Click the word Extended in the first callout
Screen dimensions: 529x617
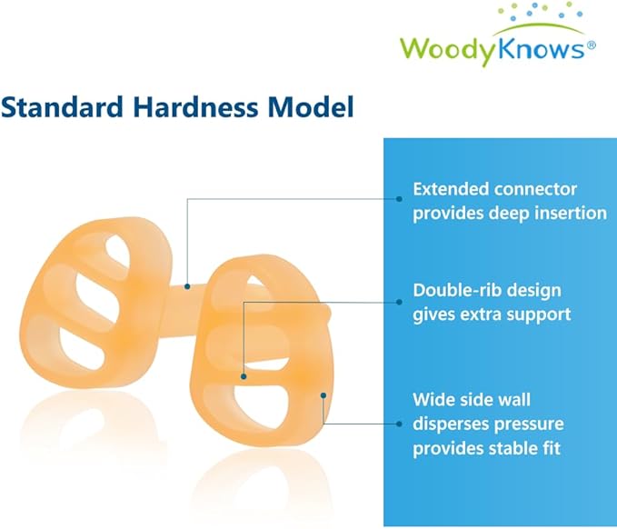[452, 190]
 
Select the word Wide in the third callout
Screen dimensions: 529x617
[433, 399]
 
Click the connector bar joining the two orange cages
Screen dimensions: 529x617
[186, 290]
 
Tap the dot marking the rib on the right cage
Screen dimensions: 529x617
[244, 374]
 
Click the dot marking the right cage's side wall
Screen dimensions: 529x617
[323, 394]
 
